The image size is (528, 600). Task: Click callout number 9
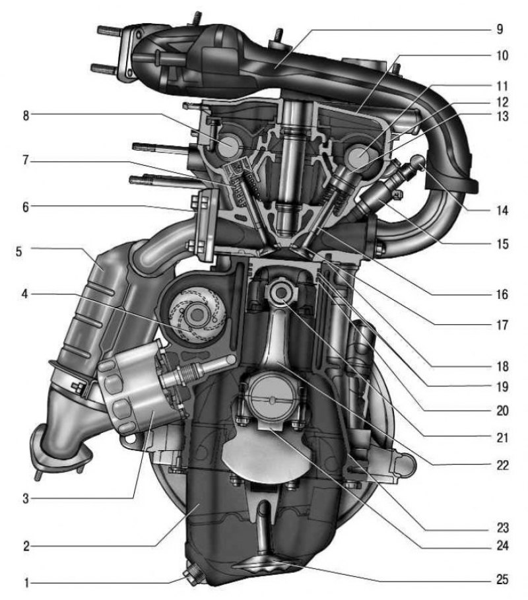click(500, 29)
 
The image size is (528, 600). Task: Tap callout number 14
click(502, 210)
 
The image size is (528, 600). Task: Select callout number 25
click(502, 580)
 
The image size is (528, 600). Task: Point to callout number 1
click(26, 583)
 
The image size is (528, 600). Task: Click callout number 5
click(18, 251)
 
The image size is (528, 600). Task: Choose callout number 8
click(26, 207)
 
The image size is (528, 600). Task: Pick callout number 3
click(26, 498)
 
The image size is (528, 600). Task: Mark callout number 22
click(502, 465)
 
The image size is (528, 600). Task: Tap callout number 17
click(502, 325)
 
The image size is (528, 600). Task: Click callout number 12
click(502, 102)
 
